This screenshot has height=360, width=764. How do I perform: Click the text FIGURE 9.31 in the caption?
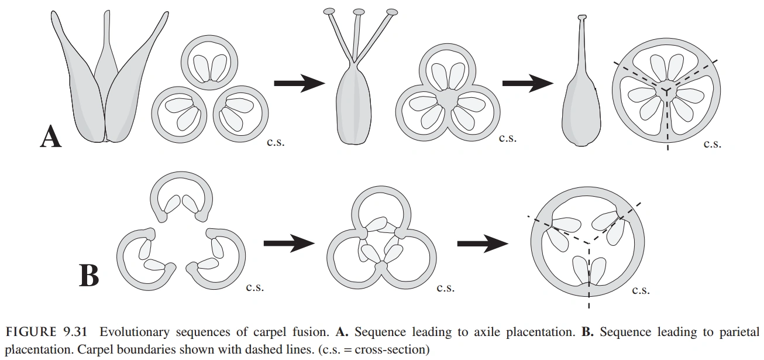tap(46, 332)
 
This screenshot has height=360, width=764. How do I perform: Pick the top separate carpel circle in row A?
tap(210, 63)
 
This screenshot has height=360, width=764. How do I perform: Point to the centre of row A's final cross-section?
tap(666, 89)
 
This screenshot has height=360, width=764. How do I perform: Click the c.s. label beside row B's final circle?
tap(641, 290)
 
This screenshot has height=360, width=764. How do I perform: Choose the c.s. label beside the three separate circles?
tap(276, 142)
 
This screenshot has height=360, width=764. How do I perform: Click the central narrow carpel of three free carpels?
tap(106, 64)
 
